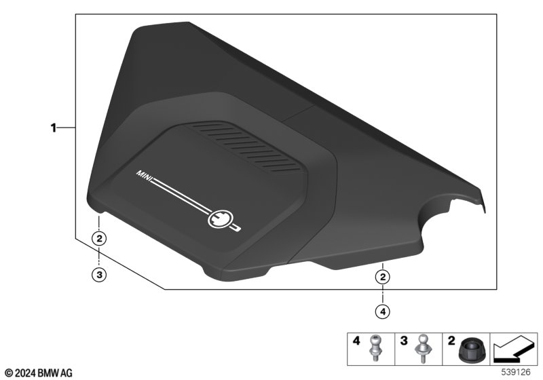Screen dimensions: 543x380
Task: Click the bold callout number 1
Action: (54, 128)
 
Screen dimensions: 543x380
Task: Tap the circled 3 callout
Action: (99, 275)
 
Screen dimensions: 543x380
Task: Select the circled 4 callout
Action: (383, 311)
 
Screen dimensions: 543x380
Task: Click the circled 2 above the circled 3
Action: (99, 238)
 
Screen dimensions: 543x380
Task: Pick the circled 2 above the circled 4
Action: (383, 277)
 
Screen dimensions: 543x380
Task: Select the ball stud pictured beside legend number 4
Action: (375, 348)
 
